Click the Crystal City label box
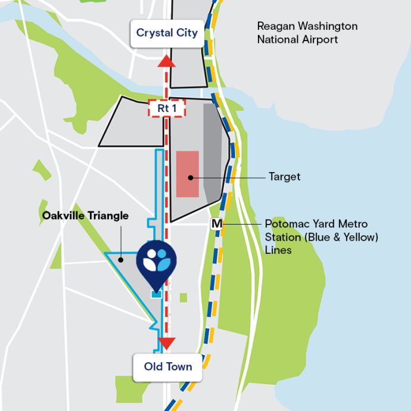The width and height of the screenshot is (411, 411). coord(167,33)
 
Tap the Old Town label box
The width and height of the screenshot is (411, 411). coord(168,366)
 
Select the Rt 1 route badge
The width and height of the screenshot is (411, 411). coord(167,108)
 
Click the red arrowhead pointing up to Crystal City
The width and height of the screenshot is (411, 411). coord(167,61)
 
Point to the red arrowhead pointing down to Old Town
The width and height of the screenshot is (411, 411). coord(167,343)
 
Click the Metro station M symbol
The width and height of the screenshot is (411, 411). coord(217,225)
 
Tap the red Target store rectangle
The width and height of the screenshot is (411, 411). coord(188,173)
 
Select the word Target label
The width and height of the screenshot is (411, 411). coord(284,177)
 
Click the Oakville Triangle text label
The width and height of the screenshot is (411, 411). coord(85,216)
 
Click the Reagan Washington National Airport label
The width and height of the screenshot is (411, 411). coord(307,33)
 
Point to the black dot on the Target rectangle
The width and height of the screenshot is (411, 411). coord(191,177)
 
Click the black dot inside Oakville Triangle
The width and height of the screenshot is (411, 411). coord(120,259)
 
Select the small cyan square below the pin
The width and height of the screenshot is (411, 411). coord(156,294)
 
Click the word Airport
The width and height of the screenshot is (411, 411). coord(318,40)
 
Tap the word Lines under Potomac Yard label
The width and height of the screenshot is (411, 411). coord(278,251)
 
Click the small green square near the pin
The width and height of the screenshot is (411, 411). coord(183,297)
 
